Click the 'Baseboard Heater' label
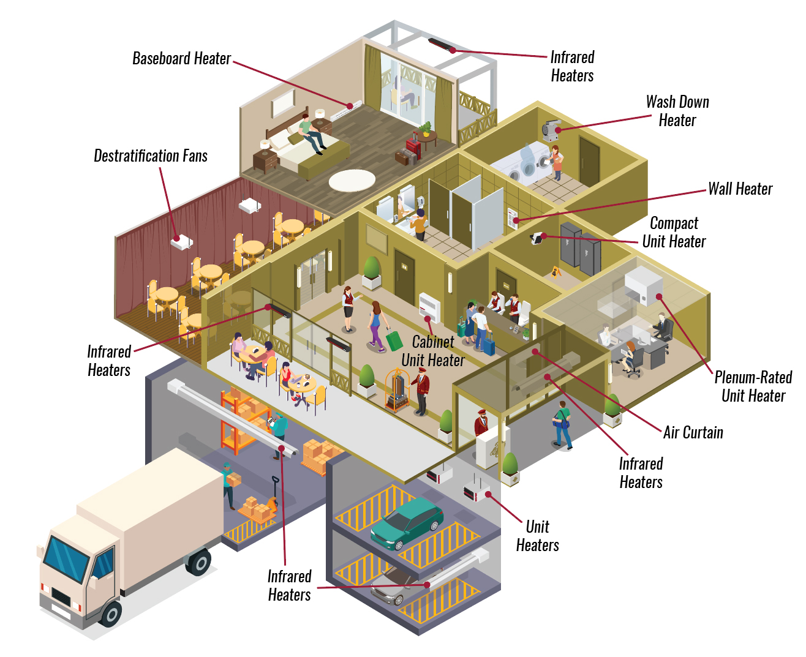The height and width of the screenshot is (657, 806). point(181,58)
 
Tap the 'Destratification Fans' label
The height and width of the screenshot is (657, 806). point(151,156)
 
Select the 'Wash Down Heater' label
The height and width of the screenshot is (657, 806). point(677,111)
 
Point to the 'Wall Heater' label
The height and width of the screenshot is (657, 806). point(740,189)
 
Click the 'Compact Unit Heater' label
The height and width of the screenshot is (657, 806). point(674,232)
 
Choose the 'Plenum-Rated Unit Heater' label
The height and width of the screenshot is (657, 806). point(753,386)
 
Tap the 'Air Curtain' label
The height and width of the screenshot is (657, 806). point(693,432)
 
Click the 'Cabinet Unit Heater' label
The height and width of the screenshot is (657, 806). point(432,351)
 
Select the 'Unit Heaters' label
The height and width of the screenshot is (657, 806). point(537,536)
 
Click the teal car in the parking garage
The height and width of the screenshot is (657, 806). point(407,522)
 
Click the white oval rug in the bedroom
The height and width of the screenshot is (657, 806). point(352,180)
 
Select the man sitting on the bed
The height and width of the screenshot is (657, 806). point(312,133)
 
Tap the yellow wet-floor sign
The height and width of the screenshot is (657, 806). point(556,272)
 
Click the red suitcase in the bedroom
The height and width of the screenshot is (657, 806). point(413,147)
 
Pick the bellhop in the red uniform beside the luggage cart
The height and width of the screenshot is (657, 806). point(421,391)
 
